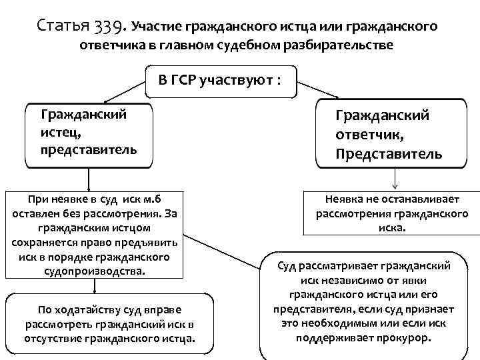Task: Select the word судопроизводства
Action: pyautogui.click(x=94, y=271)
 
